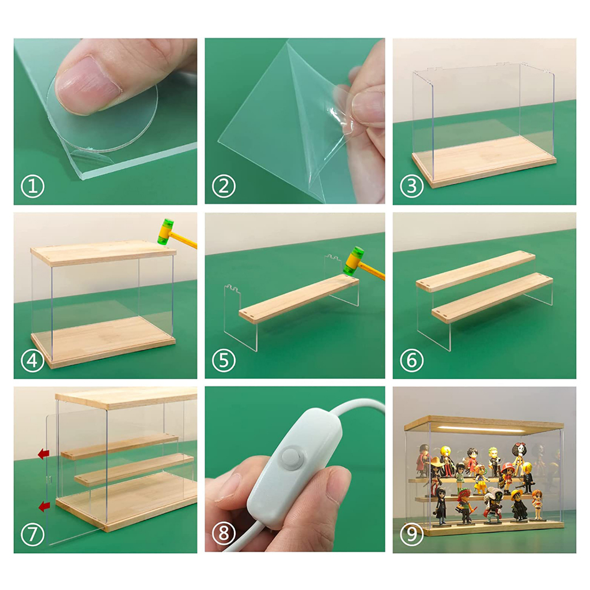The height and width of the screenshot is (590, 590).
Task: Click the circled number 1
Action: point(33,186)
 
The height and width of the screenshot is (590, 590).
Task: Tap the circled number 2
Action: point(224,186)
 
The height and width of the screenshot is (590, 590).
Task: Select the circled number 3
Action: point(411,186)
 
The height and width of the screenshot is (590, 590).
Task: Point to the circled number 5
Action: point(224,361)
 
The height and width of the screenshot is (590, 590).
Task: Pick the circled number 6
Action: point(411,361)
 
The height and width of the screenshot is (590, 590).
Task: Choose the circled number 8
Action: point(224,534)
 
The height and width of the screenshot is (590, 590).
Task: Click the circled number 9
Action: point(411,534)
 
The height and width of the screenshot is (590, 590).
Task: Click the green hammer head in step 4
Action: point(165,232)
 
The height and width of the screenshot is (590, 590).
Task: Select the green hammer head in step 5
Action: point(354,260)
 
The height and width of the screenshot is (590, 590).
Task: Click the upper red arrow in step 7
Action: point(44,454)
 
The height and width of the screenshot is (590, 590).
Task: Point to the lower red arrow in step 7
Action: point(44,506)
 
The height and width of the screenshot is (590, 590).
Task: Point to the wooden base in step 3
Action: point(484,161)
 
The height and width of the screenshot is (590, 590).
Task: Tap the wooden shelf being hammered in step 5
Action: point(299,298)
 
